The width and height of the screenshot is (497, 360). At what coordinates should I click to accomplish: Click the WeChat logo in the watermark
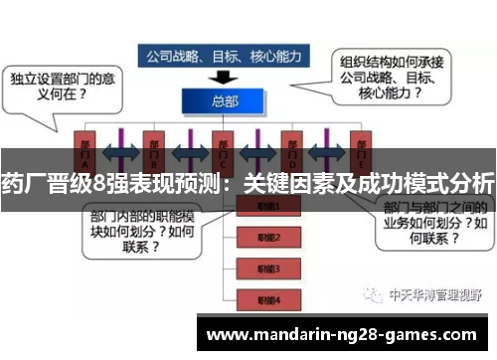click(374, 295)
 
